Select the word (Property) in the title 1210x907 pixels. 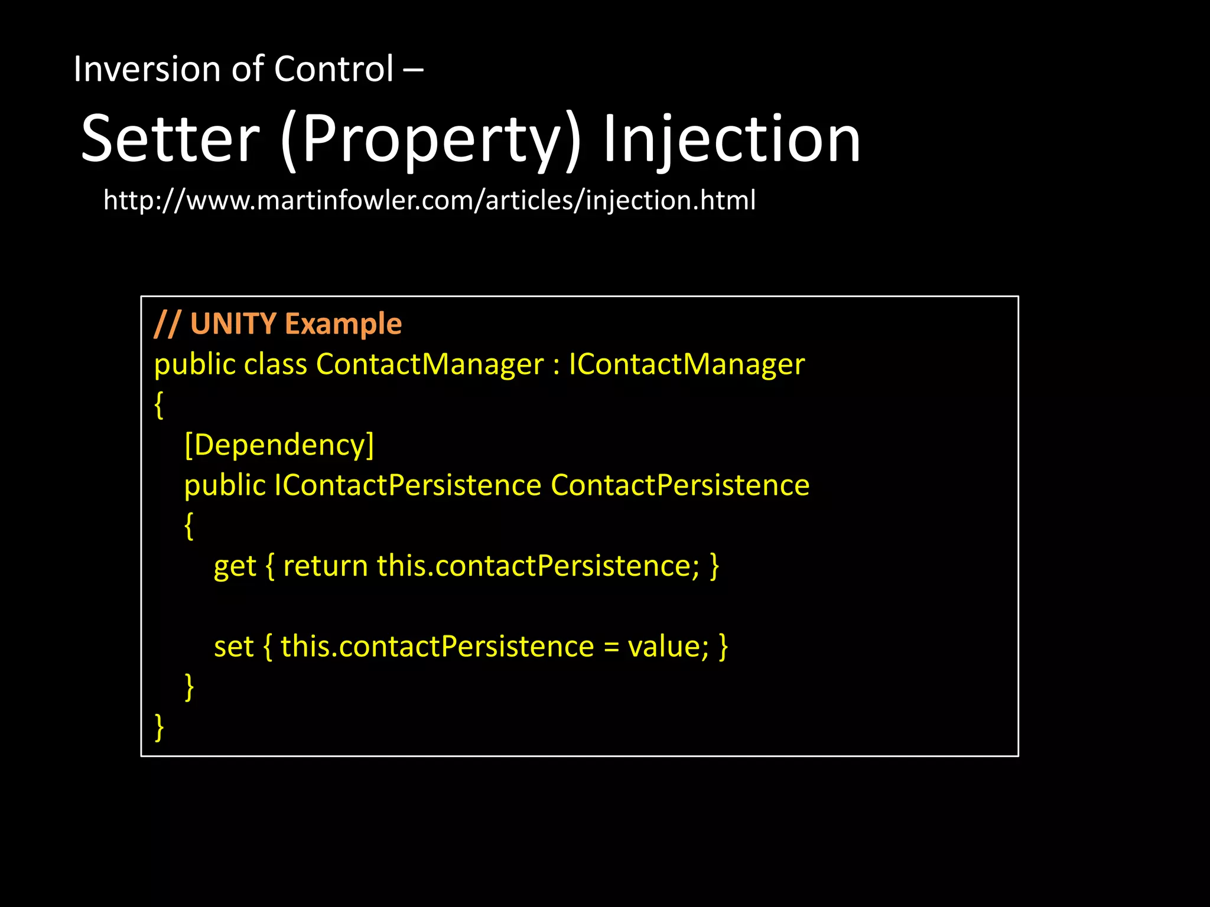click(431, 139)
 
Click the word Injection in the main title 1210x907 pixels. click(731, 139)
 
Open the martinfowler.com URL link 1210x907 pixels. click(429, 200)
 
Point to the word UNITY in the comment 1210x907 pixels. click(233, 324)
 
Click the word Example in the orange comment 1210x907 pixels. click(343, 324)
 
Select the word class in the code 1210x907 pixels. click(275, 364)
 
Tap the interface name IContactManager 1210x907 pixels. click(686, 364)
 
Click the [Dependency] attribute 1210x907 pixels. click(279, 445)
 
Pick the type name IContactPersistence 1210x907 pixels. click(407, 485)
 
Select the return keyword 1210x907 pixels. click(326, 566)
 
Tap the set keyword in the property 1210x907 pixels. click(233, 647)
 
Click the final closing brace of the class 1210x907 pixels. click(158, 727)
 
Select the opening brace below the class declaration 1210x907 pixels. click(158, 405)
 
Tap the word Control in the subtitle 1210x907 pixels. click(333, 69)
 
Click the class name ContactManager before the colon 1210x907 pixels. click(430, 364)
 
